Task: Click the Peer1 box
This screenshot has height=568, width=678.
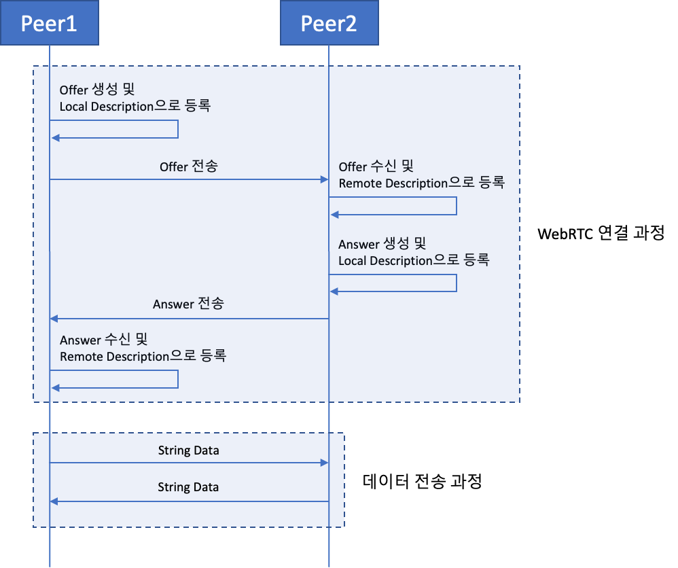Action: click(x=49, y=24)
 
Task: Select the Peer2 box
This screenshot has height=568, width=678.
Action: click(x=329, y=24)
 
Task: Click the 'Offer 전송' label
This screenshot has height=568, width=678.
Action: click(x=189, y=166)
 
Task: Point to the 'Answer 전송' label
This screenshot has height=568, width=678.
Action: click(x=188, y=304)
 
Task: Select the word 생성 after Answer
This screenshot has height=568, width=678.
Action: click(x=395, y=244)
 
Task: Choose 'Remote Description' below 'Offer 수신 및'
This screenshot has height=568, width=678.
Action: click(x=393, y=183)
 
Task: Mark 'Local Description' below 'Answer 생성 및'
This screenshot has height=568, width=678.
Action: click(x=385, y=261)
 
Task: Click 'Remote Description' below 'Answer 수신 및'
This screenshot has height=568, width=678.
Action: click(x=114, y=357)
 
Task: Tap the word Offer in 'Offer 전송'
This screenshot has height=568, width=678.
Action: click(x=174, y=166)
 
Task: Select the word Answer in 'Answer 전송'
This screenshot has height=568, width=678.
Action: click(x=173, y=304)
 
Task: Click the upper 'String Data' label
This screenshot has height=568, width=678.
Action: click(x=188, y=450)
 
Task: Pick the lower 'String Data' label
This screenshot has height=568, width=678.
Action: click(x=188, y=487)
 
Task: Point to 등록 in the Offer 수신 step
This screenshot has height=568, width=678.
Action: click(x=491, y=183)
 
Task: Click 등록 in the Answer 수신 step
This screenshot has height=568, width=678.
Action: click(x=213, y=356)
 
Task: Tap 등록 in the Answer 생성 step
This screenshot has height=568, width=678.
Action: click(x=476, y=260)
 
